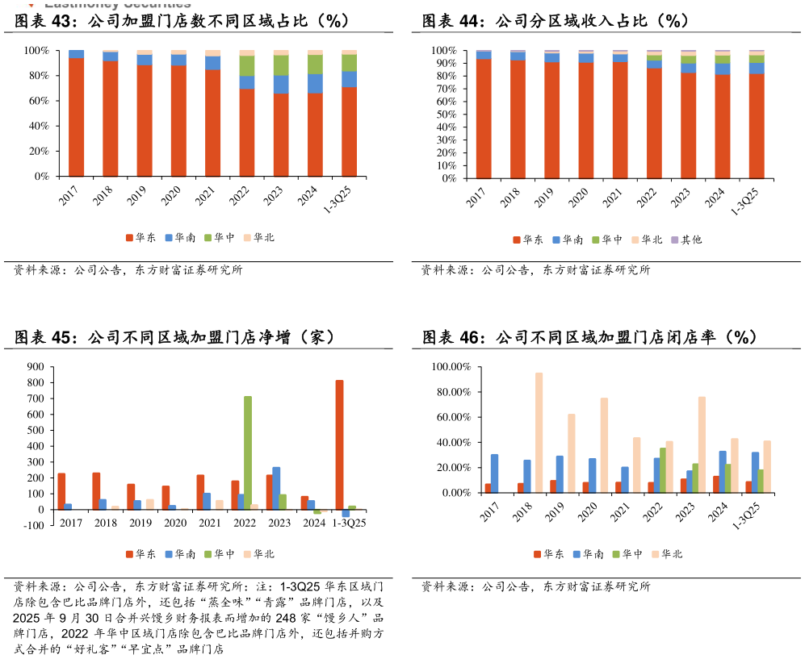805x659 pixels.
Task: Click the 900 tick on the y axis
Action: [35, 367]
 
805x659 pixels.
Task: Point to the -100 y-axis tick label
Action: [33, 526]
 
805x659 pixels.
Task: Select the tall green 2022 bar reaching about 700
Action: [248, 453]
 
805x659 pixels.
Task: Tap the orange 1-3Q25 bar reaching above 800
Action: [339, 444]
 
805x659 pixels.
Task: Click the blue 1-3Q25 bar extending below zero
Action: [346, 513]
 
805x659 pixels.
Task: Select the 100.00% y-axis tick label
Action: [451, 367]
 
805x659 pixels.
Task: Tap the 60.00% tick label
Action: [452, 417]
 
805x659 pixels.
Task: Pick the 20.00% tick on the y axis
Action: [452, 468]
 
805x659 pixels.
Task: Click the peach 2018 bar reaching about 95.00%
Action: [539, 432]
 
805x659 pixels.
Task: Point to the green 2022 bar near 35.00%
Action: [663, 470]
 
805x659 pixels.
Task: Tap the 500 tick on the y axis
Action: [35, 431]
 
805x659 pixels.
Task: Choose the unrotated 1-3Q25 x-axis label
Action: [348, 523]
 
